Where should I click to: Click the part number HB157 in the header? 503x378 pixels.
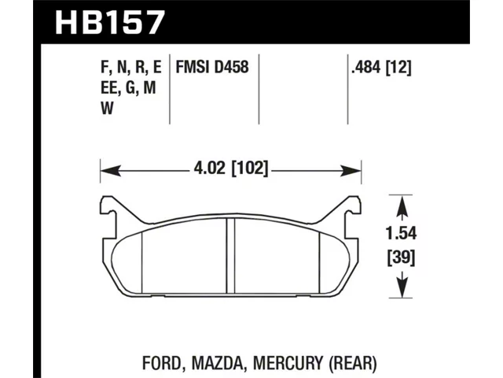[x=110, y=22]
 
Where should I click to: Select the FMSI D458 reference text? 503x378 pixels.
[x=212, y=68]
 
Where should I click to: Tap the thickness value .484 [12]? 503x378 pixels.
[x=381, y=68]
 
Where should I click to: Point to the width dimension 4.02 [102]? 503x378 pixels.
[x=230, y=168]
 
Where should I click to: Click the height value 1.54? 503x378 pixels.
[x=401, y=233]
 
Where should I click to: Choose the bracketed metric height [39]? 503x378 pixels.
[x=401, y=258]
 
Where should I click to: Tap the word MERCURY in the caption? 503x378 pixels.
[x=288, y=363]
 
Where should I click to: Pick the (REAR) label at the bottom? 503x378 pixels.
[x=353, y=363]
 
